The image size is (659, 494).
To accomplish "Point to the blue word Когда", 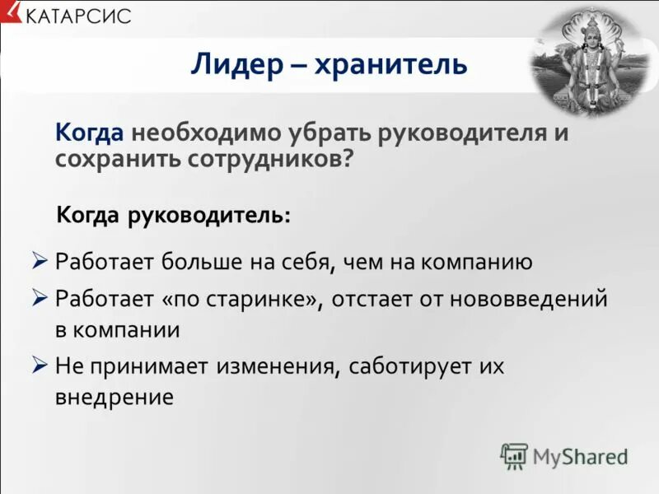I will point(89,133).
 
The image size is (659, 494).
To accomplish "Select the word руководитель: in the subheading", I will point(208,216).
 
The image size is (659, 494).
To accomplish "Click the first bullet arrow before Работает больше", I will point(40,262).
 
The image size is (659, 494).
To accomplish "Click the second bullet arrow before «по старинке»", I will point(40,298).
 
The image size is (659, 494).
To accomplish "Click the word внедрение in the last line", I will point(115,398).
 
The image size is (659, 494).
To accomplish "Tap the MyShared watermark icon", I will point(514,455).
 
